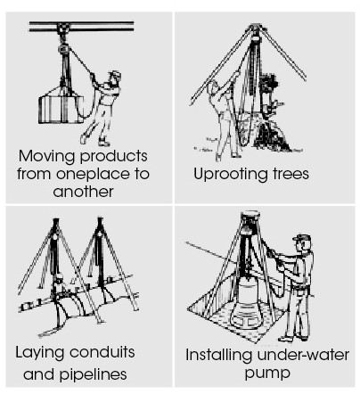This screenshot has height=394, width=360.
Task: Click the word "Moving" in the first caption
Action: coord(47,156)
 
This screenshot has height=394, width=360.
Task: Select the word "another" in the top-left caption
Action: coord(83,191)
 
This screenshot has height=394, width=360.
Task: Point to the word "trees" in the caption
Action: coord(287,174)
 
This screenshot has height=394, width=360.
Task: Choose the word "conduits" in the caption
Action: coord(102,352)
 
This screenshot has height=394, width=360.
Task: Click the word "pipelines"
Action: coord(94,375)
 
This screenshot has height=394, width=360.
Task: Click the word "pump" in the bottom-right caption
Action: coord(267,373)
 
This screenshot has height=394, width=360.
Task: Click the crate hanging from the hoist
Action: coord(61,105)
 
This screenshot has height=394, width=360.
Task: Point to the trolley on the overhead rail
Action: coord(62,29)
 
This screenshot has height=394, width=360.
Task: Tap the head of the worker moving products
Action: coord(114,78)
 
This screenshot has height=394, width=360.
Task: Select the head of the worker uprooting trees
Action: coord(213,88)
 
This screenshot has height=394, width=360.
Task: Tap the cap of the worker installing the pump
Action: coord(302,237)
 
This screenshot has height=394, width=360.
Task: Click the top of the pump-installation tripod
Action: coord(250,215)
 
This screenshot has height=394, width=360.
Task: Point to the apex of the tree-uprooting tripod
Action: coord(255,28)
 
